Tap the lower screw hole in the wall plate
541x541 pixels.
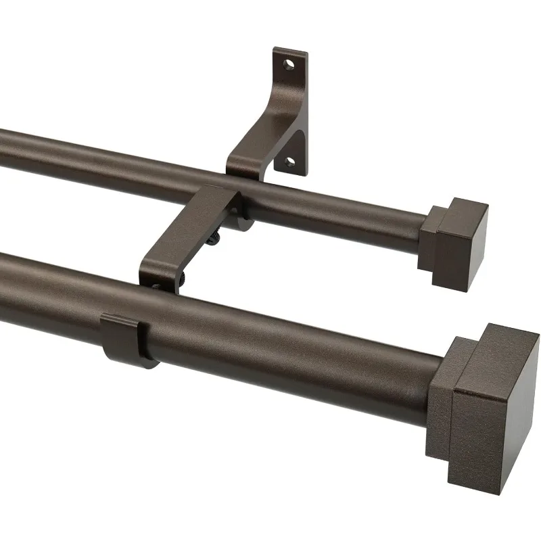click(x=289, y=162)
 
